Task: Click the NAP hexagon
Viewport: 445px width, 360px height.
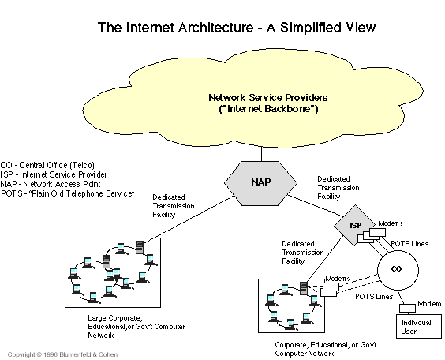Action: click(x=261, y=183)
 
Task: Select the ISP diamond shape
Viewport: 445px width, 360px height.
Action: click(x=355, y=225)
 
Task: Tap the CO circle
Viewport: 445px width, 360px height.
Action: click(x=398, y=269)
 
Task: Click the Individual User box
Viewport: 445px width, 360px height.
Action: click(x=419, y=326)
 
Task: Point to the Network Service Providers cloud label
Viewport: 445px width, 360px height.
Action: click(x=268, y=103)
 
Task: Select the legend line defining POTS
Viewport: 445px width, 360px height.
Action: click(x=67, y=193)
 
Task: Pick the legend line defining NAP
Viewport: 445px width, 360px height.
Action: click(x=50, y=184)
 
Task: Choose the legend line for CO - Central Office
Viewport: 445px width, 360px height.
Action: click(x=47, y=165)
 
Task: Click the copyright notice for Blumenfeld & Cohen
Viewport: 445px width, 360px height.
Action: click(x=62, y=354)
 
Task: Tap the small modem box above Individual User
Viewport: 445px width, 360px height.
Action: click(x=407, y=309)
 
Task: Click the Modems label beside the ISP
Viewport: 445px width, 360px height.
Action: click(x=391, y=223)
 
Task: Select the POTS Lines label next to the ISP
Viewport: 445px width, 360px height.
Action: click(x=409, y=244)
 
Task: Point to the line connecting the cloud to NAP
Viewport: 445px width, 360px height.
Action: click(x=261, y=154)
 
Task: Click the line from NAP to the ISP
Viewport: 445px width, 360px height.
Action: click(x=316, y=205)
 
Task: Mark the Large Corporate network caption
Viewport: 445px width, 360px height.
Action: click(x=136, y=327)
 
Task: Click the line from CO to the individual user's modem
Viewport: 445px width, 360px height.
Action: click(x=402, y=298)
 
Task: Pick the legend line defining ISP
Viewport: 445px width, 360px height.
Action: click(x=54, y=174)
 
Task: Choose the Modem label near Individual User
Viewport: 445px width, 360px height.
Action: click(x=429, y=304)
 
